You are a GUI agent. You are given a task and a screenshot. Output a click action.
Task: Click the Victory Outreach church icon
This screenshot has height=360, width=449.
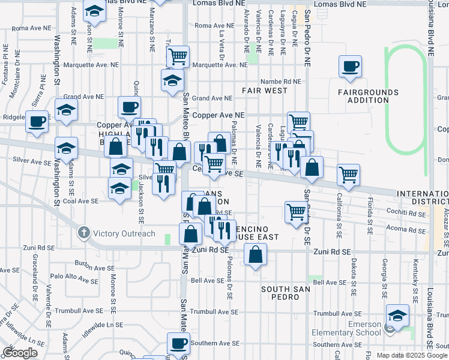click(x=83, y=233)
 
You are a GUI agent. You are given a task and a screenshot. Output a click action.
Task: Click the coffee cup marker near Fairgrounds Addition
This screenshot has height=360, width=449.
click(x=350, y=67)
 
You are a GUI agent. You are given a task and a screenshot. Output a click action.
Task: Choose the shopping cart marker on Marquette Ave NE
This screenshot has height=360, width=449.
click(x=178, y=57)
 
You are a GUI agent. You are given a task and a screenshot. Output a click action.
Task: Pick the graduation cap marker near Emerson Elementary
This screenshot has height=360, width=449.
click(x=397, y=316)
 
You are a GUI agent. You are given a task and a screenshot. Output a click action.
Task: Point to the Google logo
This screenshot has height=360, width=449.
click(x=20, y=352)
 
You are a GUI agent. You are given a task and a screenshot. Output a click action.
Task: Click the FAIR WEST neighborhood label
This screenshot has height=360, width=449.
click(x=265, y=91)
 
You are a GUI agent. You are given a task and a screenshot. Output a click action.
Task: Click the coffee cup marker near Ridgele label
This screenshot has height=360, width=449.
click(x=36, y=122)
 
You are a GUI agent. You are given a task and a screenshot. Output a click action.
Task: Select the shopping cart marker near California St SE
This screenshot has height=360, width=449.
click(x=348, y=175)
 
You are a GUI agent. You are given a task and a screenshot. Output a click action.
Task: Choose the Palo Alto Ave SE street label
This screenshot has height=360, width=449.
click(x=74, y=277)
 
